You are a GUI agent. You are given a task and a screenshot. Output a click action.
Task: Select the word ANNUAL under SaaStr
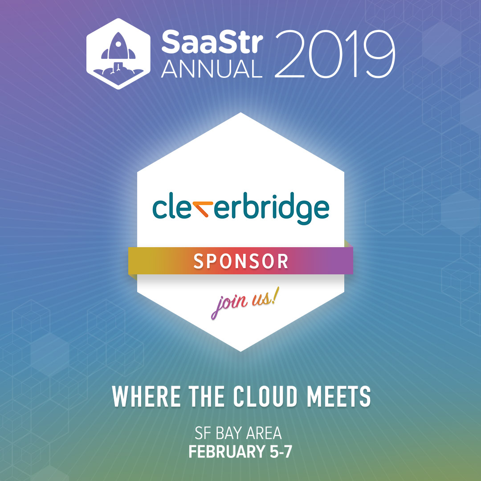point(212,69)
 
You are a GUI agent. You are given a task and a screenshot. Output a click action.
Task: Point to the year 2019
point(334,54)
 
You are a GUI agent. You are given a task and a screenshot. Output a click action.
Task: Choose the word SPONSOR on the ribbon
point(241,261)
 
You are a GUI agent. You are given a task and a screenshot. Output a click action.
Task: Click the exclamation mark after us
point(276,296)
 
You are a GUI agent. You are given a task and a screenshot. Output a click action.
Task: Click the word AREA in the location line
point(264,433)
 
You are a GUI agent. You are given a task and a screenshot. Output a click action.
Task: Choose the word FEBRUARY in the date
point(226,452)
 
